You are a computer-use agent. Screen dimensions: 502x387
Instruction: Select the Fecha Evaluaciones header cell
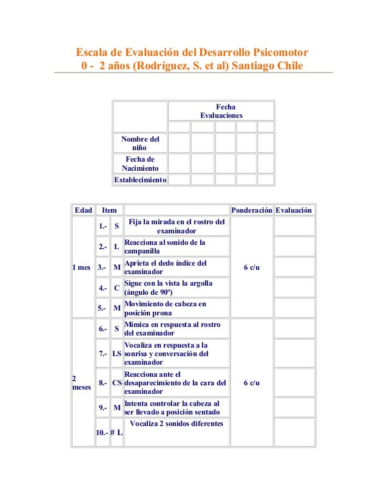[x=221, y=111]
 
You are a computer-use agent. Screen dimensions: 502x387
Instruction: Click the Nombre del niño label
[x=140, y=143]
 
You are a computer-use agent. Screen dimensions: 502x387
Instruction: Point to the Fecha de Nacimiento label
[x=140, y=163]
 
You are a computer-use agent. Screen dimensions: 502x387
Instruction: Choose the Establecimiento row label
[x=140, y=180]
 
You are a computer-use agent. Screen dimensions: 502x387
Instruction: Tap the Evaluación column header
[x=294, y=210]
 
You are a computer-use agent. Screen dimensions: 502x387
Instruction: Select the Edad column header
[x=83, y=210]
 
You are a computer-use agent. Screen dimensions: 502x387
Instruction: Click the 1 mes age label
[x=81, y=267]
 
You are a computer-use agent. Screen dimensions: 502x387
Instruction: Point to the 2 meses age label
[x=81, y=382]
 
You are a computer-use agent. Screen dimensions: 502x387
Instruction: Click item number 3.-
[x=103, y=267]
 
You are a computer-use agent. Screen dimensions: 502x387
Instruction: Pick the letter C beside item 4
[x=116, y=287]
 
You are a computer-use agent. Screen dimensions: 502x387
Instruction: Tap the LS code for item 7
[x=116, y=353]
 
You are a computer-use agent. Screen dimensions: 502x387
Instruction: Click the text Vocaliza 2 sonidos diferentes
[x=177, y=424]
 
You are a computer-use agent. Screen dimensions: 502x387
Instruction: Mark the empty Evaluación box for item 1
[x=294, y=226]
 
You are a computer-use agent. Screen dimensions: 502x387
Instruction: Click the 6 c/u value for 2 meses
[x=252, y=383]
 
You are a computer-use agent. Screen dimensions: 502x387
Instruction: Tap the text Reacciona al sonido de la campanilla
[x=164, y=246]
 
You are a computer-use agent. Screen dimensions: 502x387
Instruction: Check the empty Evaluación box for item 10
[x=294, y=432]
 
